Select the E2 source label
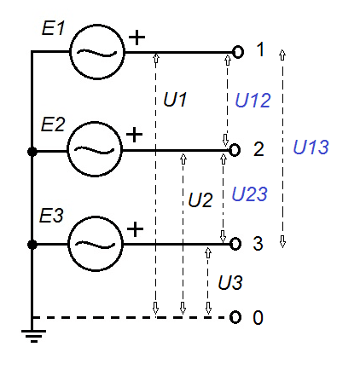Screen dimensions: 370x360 click(x=54, y=124)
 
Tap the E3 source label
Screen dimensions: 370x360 click(x=54, y=215)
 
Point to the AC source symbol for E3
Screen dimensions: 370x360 click(x=96, y=243)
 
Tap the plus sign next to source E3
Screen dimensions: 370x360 click(x=135, y=229)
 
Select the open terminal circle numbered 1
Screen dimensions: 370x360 click(x=237, y=52)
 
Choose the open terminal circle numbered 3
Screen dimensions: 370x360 click(x=235, y=244)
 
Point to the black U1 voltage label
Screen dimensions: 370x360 click(x=175, y=101)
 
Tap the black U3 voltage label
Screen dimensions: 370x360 click(x=230, y=281)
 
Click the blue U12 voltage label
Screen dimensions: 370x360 click(x=253, y=101)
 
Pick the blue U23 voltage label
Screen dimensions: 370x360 click(x=250, y=194)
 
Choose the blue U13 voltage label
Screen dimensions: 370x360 click(x=311, y=147)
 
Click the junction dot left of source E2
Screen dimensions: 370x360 click(x=32, y=151)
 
